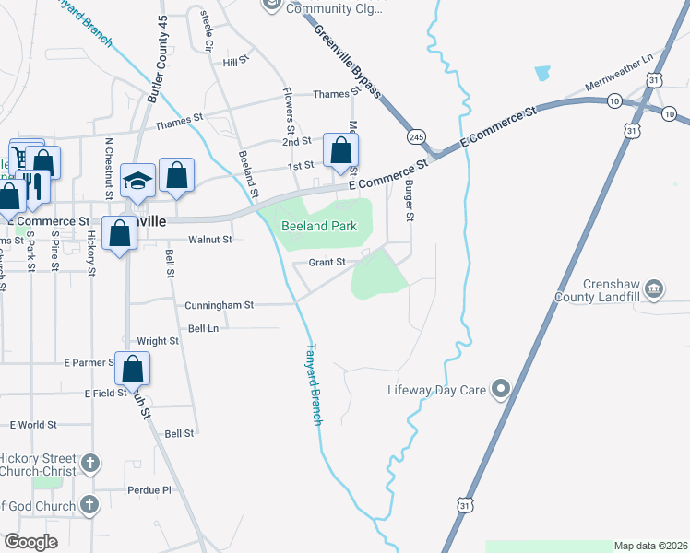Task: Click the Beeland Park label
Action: (318, 225)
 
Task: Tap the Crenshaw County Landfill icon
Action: (654, 289)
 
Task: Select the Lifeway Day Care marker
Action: (501, 390)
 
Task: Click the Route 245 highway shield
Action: (417, 135)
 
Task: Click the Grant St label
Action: (327, 262)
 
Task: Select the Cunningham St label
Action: (219, 304)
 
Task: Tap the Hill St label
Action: (237, 61)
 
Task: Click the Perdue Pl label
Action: (154, 490)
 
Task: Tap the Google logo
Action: (31, 541)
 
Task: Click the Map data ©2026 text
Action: (651, 546)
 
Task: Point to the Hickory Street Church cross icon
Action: (89, 463)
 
